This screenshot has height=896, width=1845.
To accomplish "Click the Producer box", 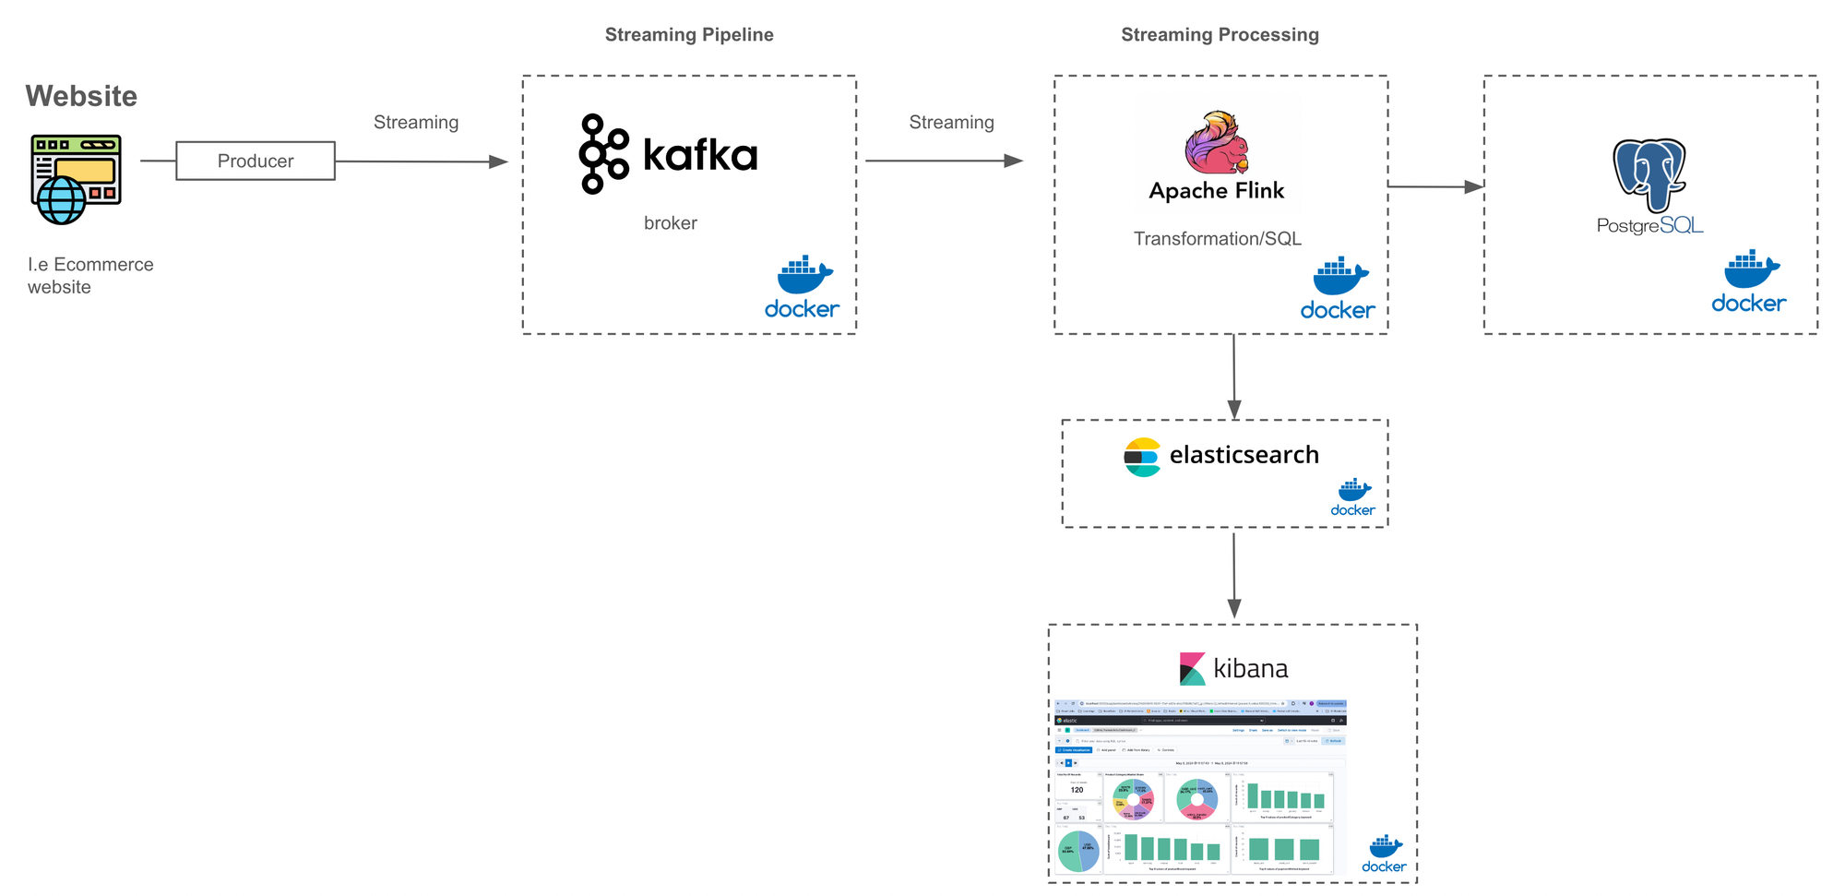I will (256, 161).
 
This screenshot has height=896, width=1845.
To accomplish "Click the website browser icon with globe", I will (76, 179).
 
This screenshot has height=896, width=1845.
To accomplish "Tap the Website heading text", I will (81, 96).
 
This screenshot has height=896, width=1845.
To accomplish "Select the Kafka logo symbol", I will (603, 154).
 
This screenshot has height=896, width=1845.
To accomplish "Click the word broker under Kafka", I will (671, 223).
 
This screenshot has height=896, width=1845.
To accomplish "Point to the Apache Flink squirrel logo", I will (1217, 143).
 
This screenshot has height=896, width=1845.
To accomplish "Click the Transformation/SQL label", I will (1217, 239).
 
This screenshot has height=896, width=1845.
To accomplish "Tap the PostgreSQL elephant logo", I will (1649, 175).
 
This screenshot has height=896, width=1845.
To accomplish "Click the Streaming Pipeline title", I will (689, 35).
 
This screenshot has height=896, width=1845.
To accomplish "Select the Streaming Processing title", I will (1220, 35).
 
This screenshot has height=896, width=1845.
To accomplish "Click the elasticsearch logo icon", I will (1142, 457).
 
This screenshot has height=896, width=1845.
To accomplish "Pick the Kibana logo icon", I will (1192, 669).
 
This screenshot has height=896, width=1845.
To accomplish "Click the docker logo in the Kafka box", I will (803, 287).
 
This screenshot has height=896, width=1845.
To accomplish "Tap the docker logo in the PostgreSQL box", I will (1749, 281).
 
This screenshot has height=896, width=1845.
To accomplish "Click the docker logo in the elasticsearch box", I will (1353, 497).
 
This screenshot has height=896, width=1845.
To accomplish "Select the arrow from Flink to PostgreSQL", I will (1435, 186).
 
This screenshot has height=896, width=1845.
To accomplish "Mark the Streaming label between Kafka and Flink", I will (951, 123).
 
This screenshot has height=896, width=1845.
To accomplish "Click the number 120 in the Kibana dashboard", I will (1077, 790).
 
